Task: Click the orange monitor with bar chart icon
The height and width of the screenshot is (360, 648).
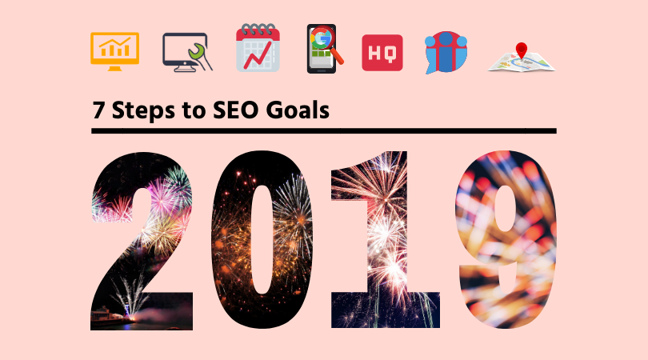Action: click(x=115, y=51)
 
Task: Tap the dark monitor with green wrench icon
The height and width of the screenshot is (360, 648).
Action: click(x=187, y=52)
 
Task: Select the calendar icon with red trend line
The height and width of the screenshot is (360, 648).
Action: click(x=258, y=48)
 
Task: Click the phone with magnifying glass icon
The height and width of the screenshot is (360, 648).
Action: click(x=325, y=49)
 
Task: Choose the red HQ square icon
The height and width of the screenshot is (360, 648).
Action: click(x=382, y=53)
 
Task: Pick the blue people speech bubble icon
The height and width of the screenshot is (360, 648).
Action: click(x=446, y=53)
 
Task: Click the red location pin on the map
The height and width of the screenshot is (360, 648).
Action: click(x=522, y=50)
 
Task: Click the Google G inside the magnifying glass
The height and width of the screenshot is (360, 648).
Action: click(x=322, y=39)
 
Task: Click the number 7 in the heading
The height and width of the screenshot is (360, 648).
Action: click(x=98, y=110)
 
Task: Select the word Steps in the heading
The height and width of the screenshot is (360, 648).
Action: click(x=143, y=110)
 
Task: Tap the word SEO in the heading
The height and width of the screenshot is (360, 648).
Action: click(x=235, y=110)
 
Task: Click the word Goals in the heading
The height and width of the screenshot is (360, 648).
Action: click(x=298, y=110)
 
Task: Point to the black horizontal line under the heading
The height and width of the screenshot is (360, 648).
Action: click(x=324, y=131)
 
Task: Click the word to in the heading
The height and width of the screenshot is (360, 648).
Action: click(x=194, y=110)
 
